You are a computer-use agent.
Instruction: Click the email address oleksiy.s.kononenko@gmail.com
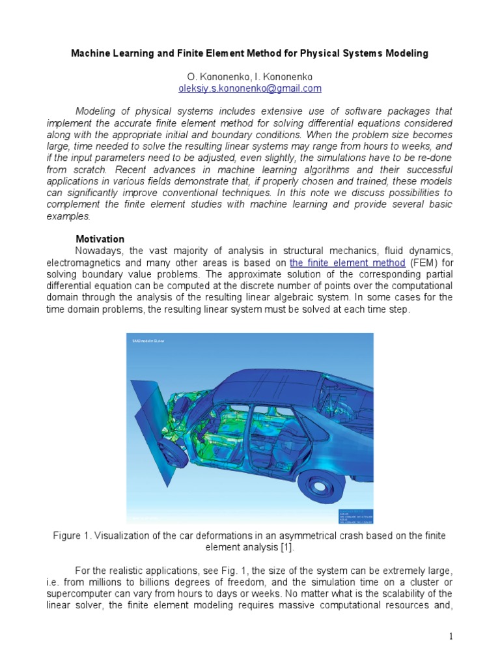(x=250, y=88)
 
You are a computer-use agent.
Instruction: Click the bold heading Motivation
(x=100, y=239)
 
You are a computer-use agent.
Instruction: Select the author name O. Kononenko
(x=212, y=76)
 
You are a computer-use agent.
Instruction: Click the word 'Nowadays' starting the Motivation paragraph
(x=97, y=251)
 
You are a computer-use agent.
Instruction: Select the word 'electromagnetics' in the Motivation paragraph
(x=84, y=263)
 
